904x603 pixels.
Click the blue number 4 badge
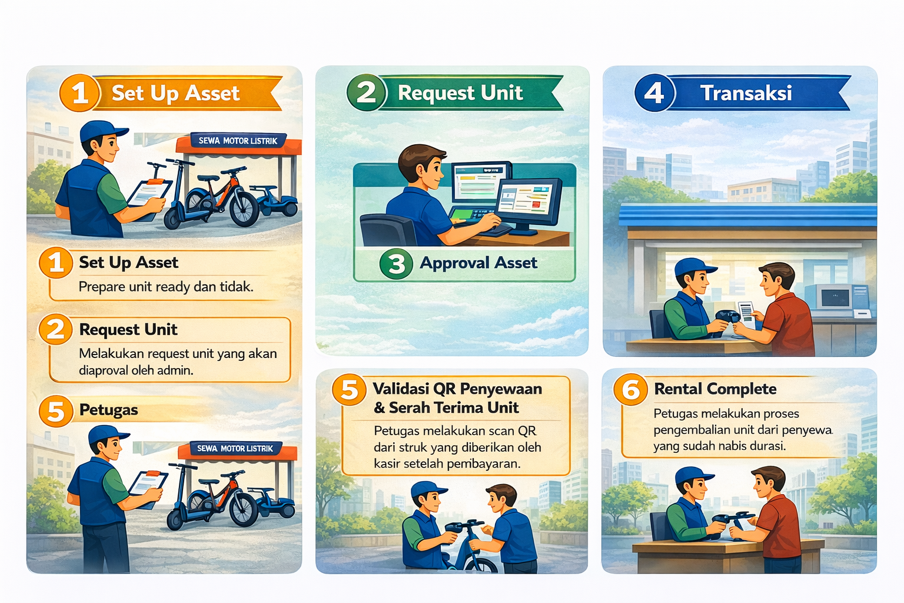click(654, 93)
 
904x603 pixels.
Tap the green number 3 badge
click(396, 264)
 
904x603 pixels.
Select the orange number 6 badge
click(631, 389)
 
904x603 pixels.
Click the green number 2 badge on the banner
click(366, 92)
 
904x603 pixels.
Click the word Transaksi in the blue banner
click(746, 93)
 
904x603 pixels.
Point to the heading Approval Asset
click(478, 263)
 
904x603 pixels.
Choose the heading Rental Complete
click(715, 389)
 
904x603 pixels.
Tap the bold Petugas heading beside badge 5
click(108, 410)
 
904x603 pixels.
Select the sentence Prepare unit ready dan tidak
click(166, 287)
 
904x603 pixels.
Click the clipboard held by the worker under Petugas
click(147, 489)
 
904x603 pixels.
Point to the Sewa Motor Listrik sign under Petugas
click(235, 448)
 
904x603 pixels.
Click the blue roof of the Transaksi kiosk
click(747, 215)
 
